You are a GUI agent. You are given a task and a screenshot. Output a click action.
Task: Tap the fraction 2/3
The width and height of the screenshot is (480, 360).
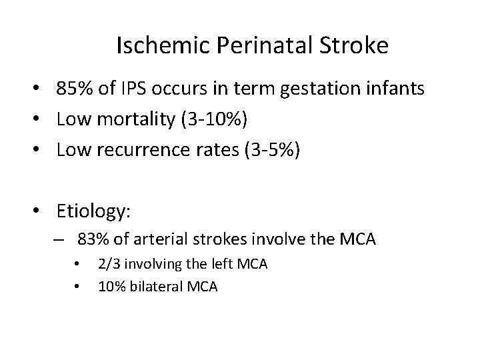pyautogui.click(x=107, y=264)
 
